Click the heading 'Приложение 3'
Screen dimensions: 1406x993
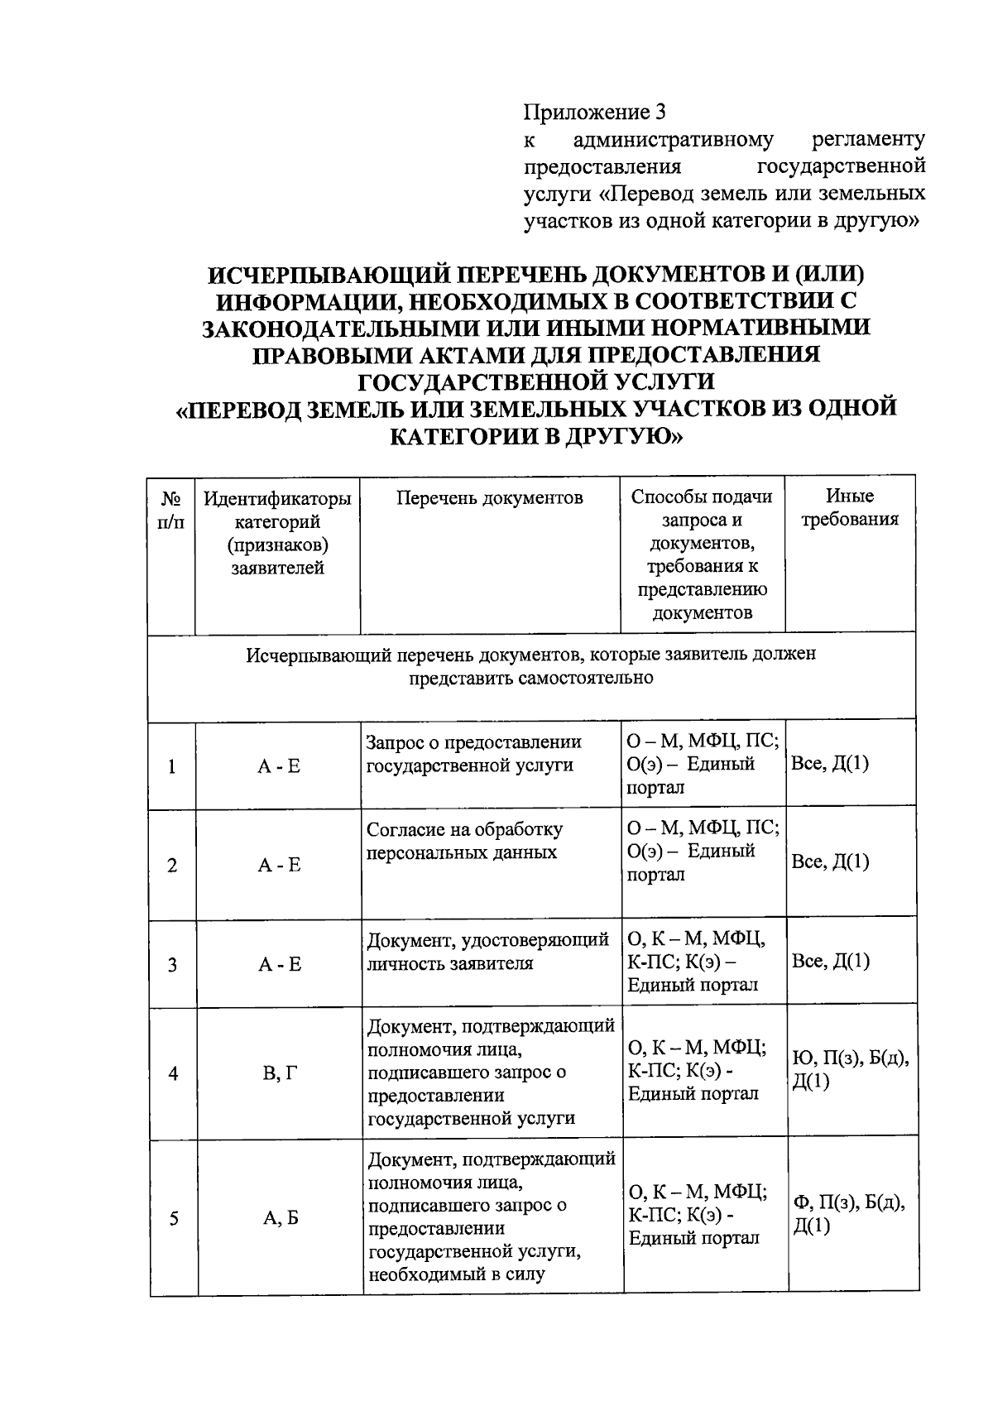(x=594, y=112)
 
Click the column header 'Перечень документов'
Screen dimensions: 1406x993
(x=490, y=497)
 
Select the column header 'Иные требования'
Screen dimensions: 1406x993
(x=850, y=508)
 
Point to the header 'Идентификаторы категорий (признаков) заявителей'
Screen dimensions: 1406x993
(x=278, y=532)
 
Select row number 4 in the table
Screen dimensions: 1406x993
(x=173, y=1074)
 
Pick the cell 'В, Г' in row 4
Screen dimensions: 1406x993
(x=279, y=1074)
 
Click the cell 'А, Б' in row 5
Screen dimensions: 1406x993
(x=280, y=1218)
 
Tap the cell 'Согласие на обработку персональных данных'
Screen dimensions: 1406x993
(x=465, y=841)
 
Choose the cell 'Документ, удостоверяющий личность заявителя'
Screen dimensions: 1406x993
(x=488, y=952)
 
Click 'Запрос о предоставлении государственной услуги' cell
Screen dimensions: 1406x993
(x=473, y=754)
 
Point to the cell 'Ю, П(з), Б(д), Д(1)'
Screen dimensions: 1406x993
(x=851, y=1069)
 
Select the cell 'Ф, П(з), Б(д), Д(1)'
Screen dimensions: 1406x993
(x=849, y=1214)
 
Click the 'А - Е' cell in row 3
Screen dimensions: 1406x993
(x=279, y=964)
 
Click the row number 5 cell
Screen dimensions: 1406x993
(x=174, y=1218)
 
